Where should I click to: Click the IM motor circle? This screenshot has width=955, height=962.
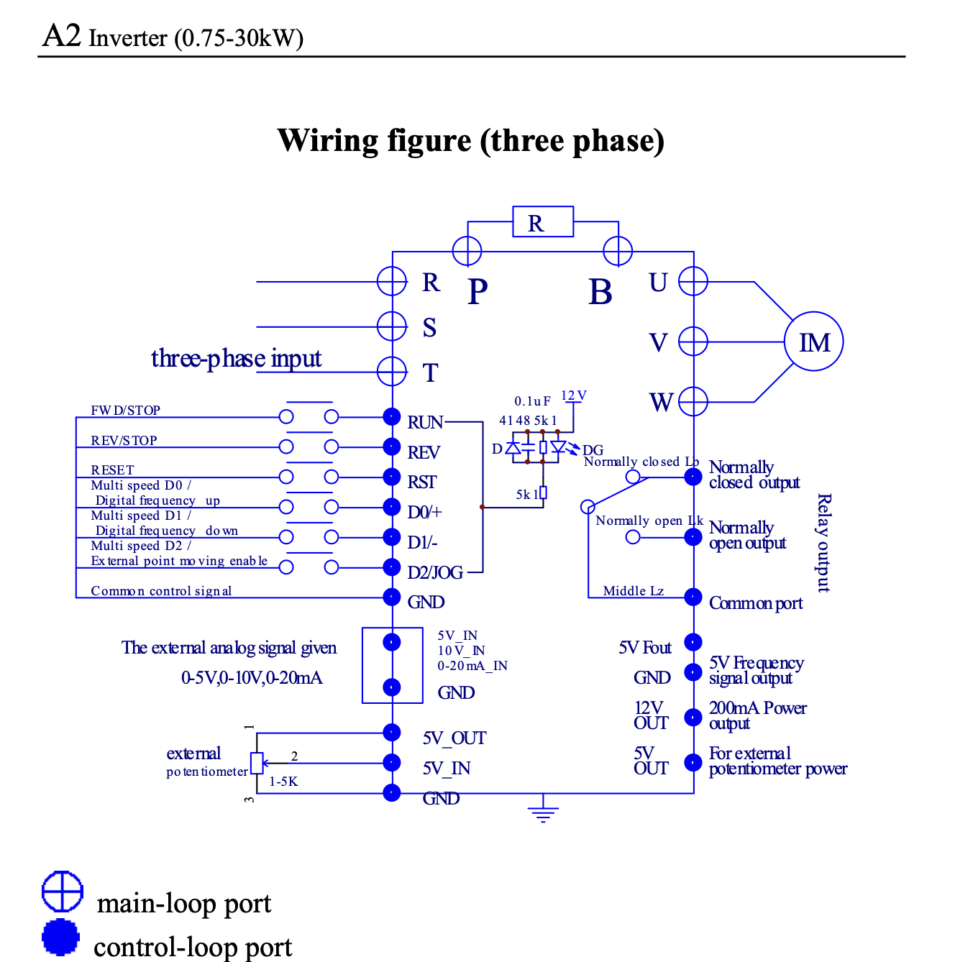813,342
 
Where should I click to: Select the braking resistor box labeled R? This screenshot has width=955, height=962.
543,221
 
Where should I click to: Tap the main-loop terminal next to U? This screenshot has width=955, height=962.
693,281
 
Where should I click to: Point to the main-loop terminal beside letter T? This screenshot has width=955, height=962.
392,372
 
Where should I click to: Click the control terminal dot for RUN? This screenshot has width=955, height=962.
392,416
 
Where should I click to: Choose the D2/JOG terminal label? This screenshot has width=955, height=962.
435,572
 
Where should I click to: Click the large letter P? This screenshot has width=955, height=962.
477,291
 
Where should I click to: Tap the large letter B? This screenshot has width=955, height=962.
600,292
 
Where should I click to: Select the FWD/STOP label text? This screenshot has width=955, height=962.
126,411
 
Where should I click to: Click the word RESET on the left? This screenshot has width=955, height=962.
112,469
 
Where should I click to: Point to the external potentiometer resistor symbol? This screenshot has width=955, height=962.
257,763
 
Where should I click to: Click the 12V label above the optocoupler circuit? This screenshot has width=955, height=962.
573,396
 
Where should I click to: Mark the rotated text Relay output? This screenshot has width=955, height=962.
824,543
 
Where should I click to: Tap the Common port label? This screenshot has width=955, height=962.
756,603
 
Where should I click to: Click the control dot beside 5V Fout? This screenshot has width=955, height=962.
693,642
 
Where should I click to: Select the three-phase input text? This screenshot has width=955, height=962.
236,358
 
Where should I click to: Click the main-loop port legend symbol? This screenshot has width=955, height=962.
63,892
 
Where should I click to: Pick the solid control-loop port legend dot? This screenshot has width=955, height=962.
61,937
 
